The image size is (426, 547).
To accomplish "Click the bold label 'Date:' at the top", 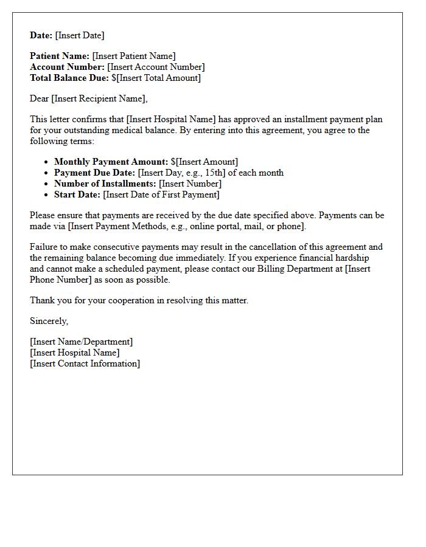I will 41,35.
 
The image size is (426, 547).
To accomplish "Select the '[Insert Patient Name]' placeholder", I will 134,56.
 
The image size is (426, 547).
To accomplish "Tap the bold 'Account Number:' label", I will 68,67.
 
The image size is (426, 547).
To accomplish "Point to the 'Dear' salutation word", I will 39,98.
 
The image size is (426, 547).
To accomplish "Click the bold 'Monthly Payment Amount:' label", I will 111,162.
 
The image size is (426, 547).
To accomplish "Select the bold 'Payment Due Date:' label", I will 94,173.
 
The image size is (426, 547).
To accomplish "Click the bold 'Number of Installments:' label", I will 105,184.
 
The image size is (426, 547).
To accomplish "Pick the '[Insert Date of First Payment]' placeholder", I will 161,194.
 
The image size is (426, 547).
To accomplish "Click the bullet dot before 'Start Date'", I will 47,195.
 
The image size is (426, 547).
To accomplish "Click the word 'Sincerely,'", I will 49,321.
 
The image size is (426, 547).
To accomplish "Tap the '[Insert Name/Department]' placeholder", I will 81,342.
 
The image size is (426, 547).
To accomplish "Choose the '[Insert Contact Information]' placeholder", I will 85,363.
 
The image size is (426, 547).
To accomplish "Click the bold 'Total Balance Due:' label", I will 69,78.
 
